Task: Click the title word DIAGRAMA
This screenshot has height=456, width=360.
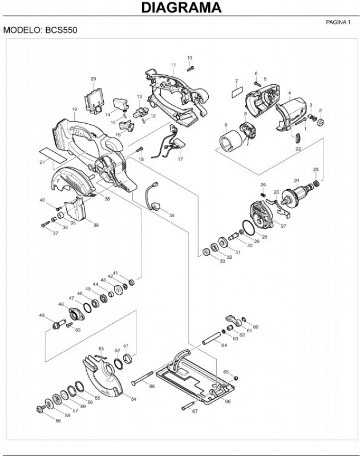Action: point(181,7)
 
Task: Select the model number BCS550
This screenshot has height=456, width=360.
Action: point(61,30)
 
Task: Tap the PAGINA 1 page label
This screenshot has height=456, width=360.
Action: point(338,22)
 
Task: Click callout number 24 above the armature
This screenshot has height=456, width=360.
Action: point(297,181)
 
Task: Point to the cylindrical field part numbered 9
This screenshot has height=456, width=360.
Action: point(230,141)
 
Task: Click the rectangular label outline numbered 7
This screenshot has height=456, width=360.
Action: point(237,93)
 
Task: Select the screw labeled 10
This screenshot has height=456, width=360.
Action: point(191,68)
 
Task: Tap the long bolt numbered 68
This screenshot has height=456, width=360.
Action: point(142,377)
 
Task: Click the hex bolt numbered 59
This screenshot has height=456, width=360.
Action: point(41,409)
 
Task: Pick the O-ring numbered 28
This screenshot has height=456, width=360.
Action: point(248,227)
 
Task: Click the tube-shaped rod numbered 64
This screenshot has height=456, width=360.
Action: point(211,338)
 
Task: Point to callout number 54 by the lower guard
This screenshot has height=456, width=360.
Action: point(134,399)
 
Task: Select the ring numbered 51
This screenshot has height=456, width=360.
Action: point(127,359)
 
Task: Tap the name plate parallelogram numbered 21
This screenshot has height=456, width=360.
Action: point(53,154)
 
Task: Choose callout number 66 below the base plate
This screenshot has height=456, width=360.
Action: point(228,401)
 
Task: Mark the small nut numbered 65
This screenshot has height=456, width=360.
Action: point(236,378)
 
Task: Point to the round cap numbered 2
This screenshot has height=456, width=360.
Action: point(321,122)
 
